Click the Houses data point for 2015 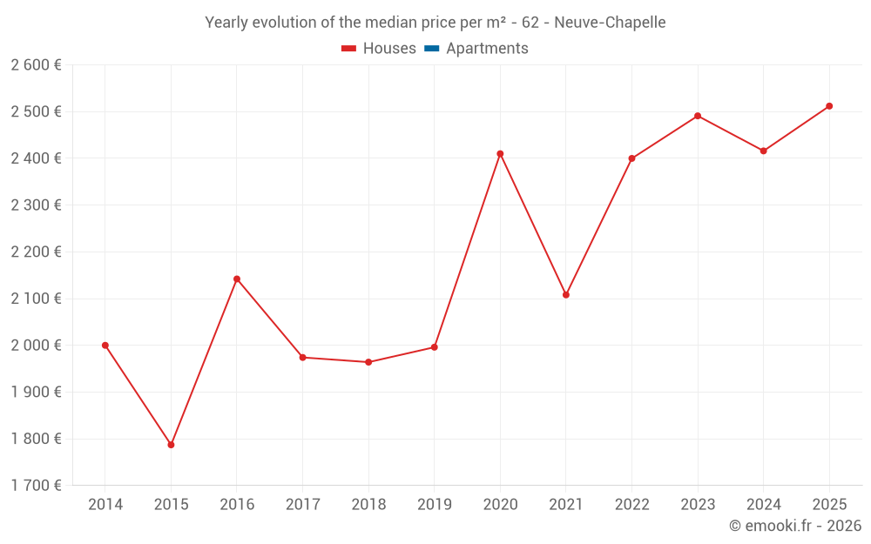[x=171, y=445]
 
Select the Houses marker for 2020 [x=500, y=154]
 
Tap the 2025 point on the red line [x=829, y=106]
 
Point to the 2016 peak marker [x=237, y=279]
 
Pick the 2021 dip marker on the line [x=566, y=295]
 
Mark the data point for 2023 [x=698, y=116]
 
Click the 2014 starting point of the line [x=105, y=346]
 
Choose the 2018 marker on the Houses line [x=368, y=362]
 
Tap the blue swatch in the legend [x=431, y=49]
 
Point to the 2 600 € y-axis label [x=36, y=65]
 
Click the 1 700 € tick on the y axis [x=36, y=486]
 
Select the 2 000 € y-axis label [x=36, y=346]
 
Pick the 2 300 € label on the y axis [x=36, y=205]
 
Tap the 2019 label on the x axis [x=434, y=505]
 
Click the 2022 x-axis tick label [x=631, y=505]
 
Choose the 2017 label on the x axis [x=302, y=505]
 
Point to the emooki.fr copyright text [x=795, y=526]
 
